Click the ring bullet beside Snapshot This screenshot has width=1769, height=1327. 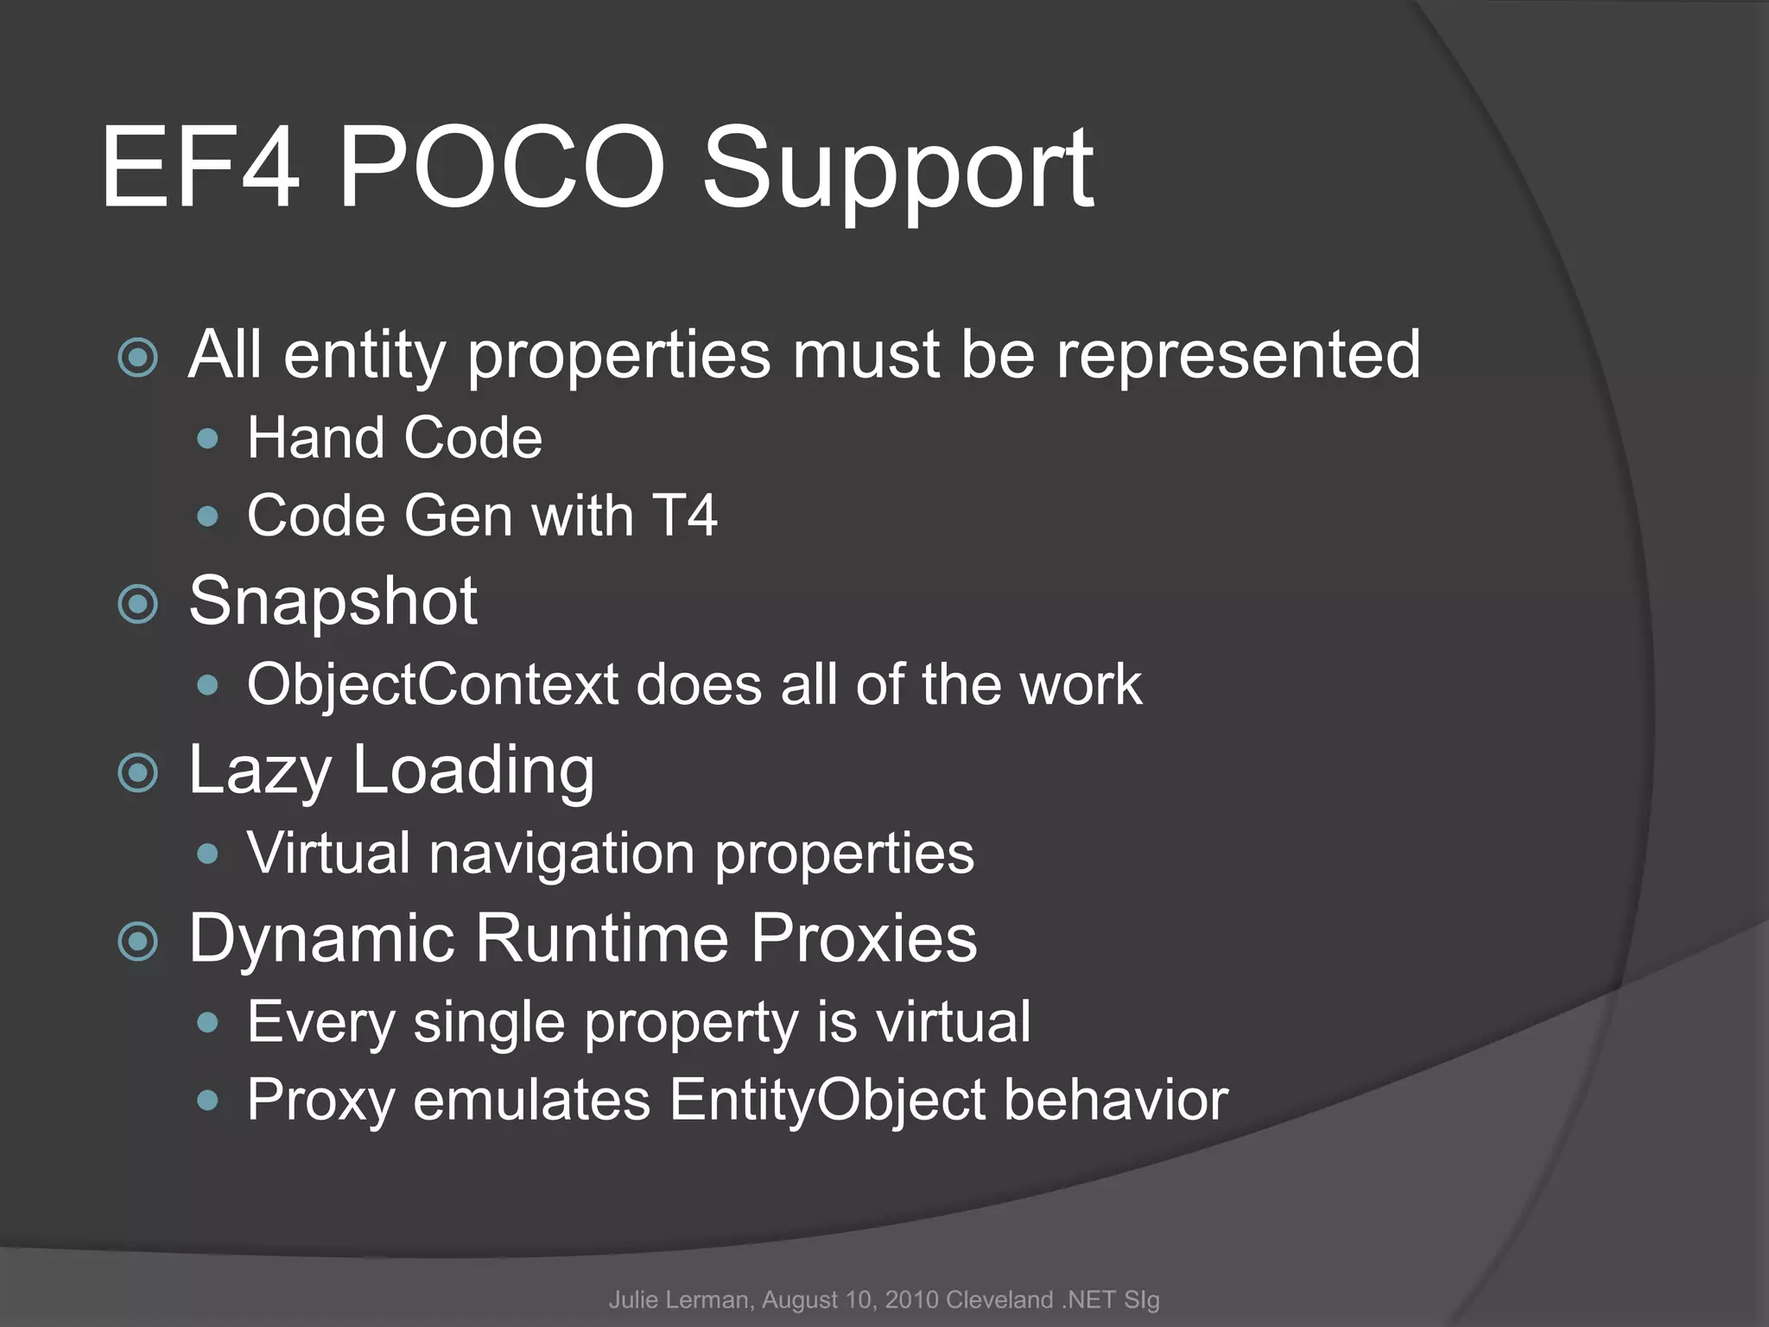tap(138, 604)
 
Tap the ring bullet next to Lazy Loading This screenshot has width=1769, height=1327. tap(138, 772)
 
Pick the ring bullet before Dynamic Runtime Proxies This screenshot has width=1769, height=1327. tap(138, 941)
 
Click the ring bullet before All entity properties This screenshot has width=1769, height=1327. tap(138, 358)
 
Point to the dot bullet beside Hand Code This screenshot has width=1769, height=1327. tap(208, 439)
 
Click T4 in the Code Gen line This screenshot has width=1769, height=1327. tap(684, 516)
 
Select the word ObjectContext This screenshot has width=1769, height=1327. tap(433, 685)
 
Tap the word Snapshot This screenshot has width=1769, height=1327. tap(333, 601)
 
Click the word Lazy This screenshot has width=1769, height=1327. tap(260, 771)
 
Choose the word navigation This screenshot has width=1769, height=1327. tap(562, 854)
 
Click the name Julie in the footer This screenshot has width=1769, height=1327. tap(632, 1300)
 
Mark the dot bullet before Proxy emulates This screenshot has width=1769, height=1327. tap(208, 1101)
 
